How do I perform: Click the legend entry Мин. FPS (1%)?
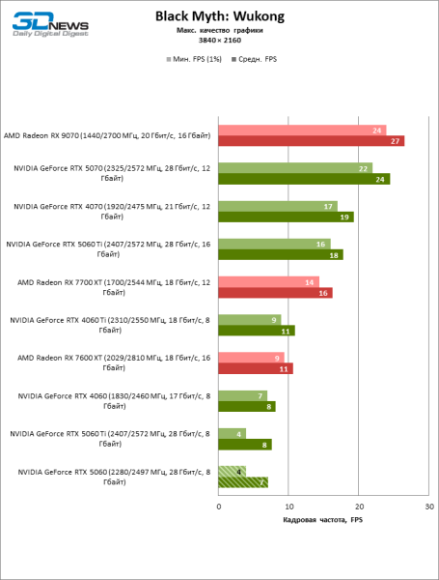[197, 59]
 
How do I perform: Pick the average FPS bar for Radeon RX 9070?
[311, 141]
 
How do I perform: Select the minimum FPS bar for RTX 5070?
[295, 168]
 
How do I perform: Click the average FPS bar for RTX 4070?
[286, 217]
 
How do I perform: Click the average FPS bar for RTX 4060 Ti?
[257, 331]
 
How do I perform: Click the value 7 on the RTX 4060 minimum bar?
[261, 395]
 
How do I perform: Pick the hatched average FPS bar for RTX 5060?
[243, 481]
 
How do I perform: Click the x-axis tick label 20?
[359, 507]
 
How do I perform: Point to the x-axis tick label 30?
[429, 507]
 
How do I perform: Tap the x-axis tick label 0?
[219, 507]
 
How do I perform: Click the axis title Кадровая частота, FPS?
[323, 521]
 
